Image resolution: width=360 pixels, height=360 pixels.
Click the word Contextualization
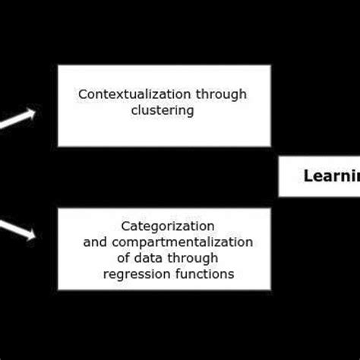[124, 95]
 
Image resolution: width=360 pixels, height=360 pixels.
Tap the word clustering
[163, 111]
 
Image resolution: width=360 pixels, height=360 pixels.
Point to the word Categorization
[167, 226]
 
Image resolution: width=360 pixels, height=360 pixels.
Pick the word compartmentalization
[182, 242]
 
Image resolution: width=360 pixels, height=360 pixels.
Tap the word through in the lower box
[194, 258]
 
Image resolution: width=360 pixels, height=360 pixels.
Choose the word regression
[134, 274]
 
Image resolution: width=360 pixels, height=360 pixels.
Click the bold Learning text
[331, 177]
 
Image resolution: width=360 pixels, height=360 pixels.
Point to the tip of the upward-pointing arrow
[36, 112]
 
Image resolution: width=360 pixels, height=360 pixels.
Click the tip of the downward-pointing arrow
[36, 238]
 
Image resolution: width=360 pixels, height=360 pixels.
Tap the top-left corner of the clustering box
[58, 65]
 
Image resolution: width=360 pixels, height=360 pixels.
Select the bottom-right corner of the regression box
[270, 290]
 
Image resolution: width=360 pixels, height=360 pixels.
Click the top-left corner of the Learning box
[279, 156]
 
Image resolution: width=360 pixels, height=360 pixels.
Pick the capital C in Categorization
[125, 226]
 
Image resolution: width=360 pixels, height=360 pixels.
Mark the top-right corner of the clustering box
[270, 65]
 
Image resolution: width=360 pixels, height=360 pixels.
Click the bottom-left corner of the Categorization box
[58, 290]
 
